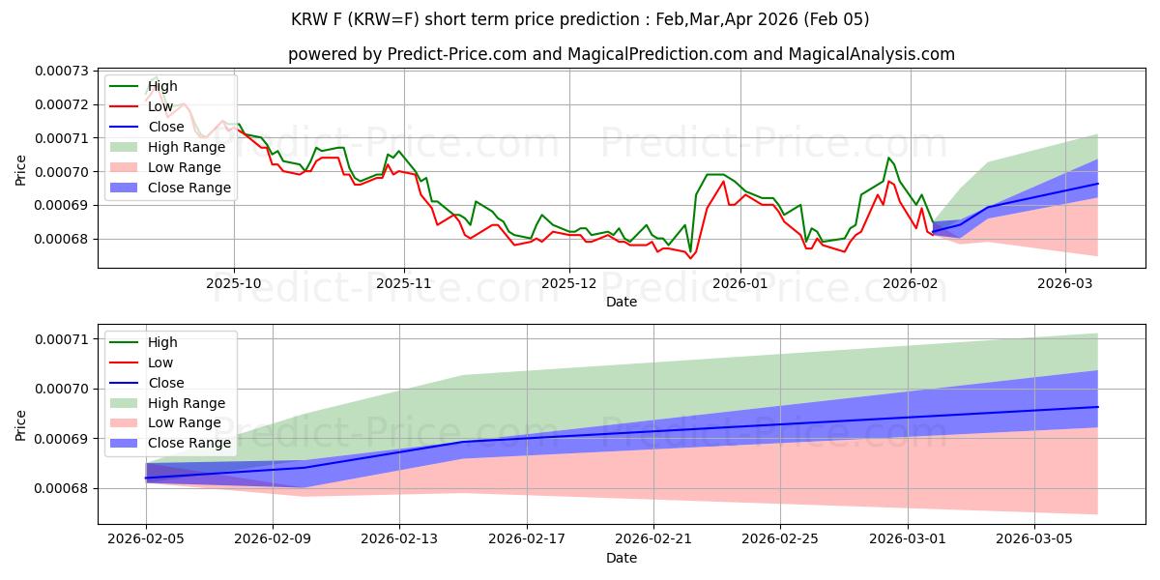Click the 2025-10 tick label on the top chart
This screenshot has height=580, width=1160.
tap(234, 283)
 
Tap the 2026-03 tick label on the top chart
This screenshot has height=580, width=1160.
tap(1065, 283)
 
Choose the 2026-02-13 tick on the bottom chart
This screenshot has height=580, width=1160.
tap(399, 539)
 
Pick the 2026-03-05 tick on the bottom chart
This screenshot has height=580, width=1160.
tap(1034, 539)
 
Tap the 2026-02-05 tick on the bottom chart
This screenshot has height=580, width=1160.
tap(146, 539)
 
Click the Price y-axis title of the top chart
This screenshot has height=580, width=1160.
tap(21, 171)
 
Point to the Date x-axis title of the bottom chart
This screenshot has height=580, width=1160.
tap(622, 558)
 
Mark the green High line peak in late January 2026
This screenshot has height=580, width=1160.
tap(888, 158)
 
